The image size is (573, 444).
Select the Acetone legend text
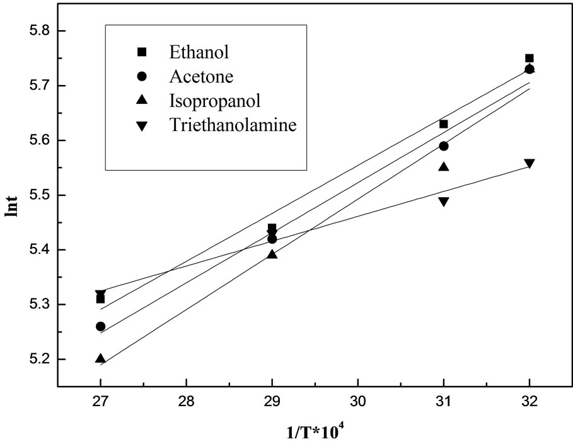coord(201,76)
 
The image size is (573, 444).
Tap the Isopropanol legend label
coord(214,101)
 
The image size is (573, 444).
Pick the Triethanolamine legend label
coord(233,125)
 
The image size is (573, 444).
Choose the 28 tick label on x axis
coord(186,401)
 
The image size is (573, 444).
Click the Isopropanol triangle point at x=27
coord(100,358)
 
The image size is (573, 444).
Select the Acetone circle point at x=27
coord(100,326)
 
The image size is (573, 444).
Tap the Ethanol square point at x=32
coord(530,58)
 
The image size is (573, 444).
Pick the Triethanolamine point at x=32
coord(530,164)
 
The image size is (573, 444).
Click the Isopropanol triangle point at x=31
coord(444,167)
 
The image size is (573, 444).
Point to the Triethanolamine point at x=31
coord(444,202)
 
